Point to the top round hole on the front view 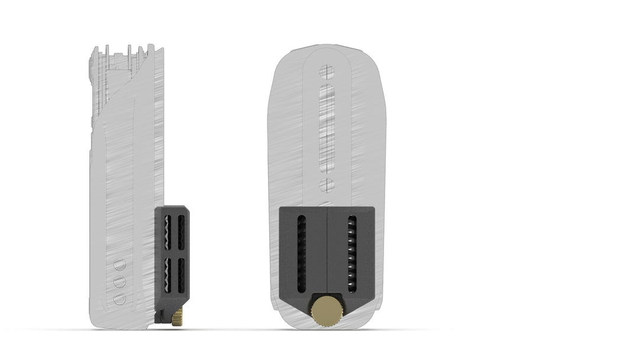pyautogui.click(x=327, y=72)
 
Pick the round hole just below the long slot pyautogui.click(x=327, y=185)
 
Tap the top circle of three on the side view pyautogui.click(x=120, y=265)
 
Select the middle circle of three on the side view pyautogui.click(x=120, y=281)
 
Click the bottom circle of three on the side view pyautogui.click(x=120, y=298)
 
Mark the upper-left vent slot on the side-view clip pyautogui.click(x=167, y=232)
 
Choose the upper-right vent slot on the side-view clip pyautogui.click(x=180, y=232)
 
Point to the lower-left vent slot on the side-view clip pyautogui.click(x=167, y=275)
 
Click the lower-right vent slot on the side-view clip pyautogui.click(x=180, y=275)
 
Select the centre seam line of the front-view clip pyautogui.click(x=327, y=249)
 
